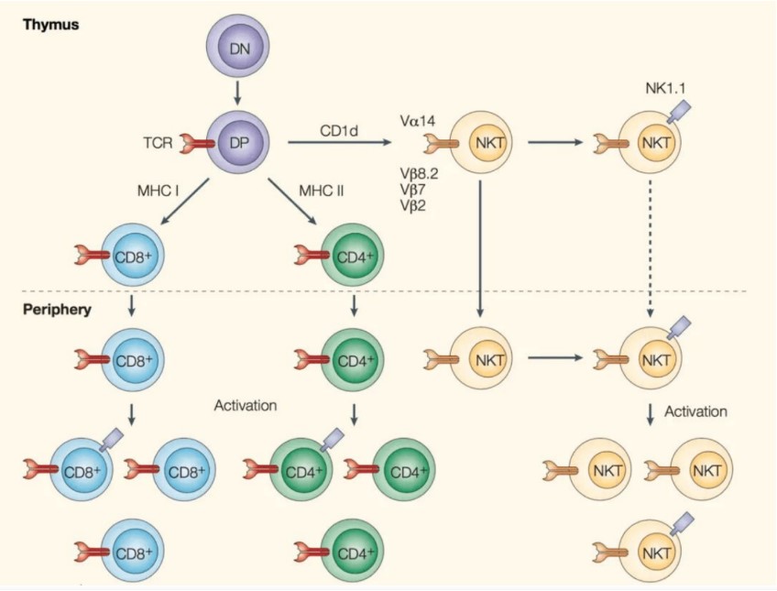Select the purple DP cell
[x=237, y=142]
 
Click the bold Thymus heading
[x=51, y=25]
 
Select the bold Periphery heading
[x=57, y=309]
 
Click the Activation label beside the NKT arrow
[x=696, y=411]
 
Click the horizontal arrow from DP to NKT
[x=338, y=142]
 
